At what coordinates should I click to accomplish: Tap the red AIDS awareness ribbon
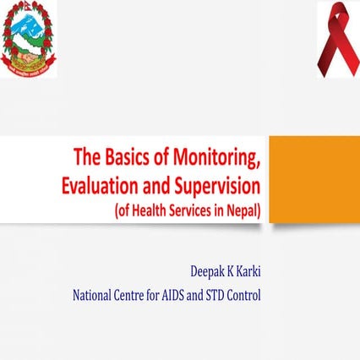tap(336, 39)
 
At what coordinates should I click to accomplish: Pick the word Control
tap(267, 296)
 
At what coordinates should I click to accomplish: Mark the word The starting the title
tap(88, 157)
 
